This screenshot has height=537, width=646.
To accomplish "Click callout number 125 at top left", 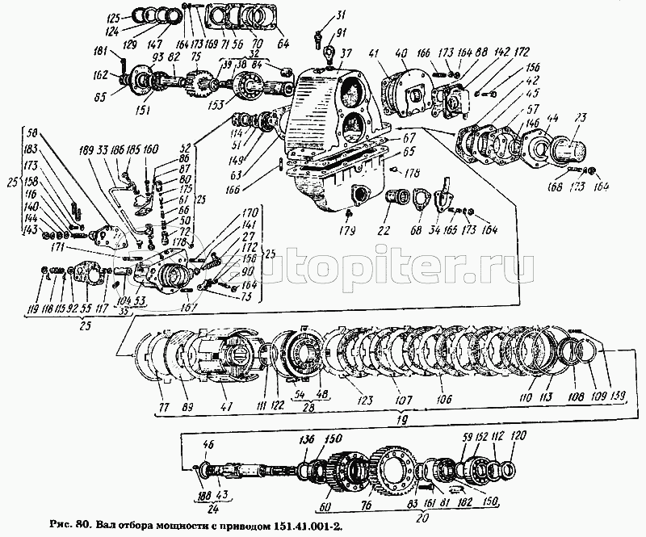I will click(112, 16).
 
